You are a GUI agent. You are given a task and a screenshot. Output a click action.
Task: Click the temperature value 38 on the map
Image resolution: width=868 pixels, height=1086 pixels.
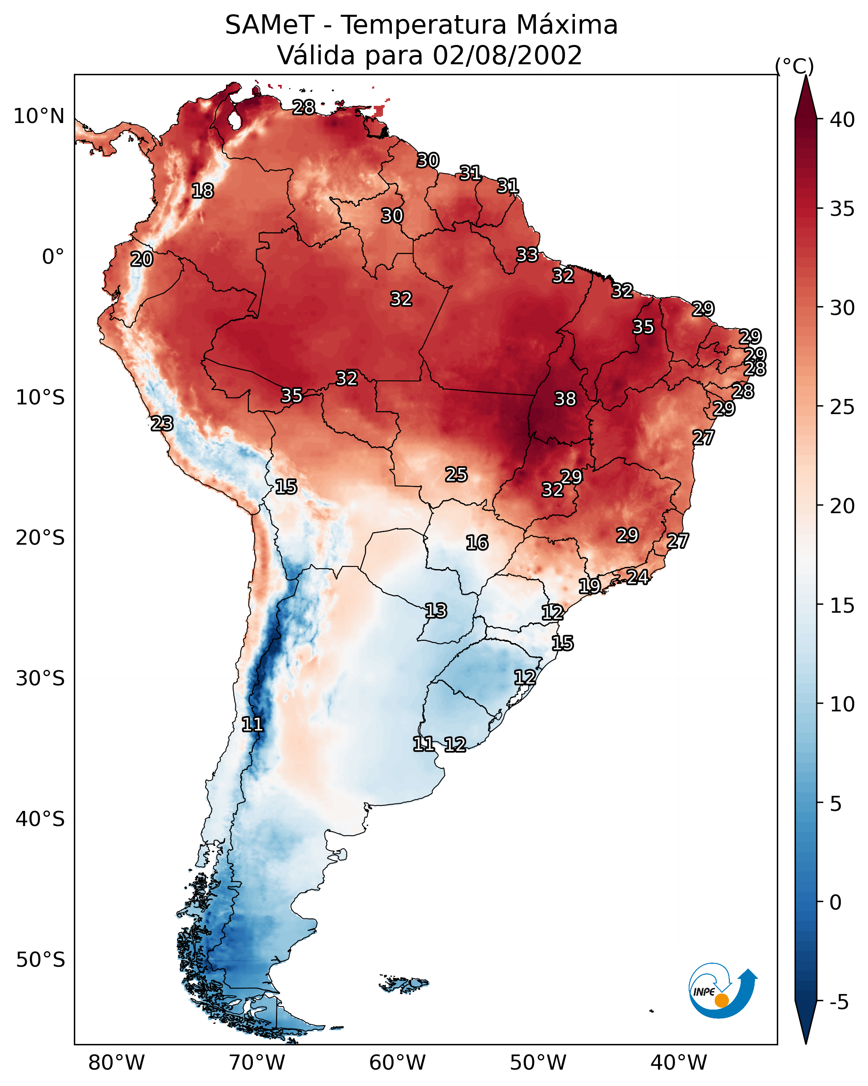[565, 399]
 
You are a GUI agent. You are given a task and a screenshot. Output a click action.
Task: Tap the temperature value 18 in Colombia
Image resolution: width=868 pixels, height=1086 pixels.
[202, 191]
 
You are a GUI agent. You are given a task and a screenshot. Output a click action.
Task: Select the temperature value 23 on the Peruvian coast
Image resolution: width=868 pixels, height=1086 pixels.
[162, 424]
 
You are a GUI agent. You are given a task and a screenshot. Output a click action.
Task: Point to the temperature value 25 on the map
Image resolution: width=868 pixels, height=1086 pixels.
[456, 475]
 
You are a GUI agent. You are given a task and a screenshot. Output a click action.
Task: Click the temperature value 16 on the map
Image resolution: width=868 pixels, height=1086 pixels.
[477, 543]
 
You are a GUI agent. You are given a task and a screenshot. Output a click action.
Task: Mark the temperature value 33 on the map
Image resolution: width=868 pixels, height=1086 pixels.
[527, 255]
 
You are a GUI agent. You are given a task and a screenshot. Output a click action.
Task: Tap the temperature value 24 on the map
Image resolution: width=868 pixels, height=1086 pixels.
[637, 577]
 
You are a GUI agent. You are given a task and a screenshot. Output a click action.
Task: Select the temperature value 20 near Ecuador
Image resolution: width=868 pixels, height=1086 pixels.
[142, 260]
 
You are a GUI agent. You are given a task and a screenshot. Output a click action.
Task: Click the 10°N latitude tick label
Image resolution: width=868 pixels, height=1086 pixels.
[39, 116]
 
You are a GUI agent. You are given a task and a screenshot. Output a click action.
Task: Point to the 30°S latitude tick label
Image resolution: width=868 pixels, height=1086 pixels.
[40, 679]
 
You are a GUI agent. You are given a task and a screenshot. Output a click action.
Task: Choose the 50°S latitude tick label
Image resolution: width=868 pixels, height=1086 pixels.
[40, 960]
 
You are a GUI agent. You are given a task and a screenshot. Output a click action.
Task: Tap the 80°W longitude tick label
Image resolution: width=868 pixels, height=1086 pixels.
[116, 1062]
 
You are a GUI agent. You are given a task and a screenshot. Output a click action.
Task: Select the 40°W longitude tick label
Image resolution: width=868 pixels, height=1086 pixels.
[679, 1062]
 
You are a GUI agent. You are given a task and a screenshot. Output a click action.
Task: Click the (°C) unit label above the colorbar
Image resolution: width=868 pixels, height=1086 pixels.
[795, 66]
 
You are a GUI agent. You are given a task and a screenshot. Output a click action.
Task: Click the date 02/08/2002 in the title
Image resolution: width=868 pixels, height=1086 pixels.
[507, 55]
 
